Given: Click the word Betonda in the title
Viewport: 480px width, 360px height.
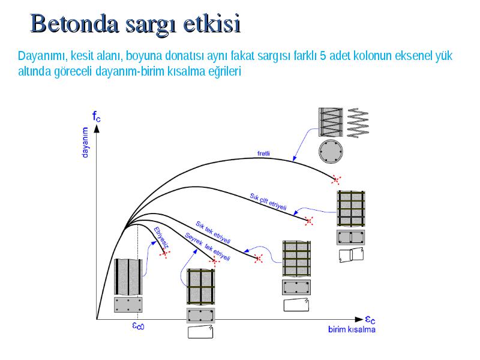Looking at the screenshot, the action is coord(74,24).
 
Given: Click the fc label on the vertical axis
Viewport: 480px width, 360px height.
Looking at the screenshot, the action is coord(96,116).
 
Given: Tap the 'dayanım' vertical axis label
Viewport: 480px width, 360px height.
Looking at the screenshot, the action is coord(85,143).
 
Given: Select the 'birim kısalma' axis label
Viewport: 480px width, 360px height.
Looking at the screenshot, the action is coord(352,329).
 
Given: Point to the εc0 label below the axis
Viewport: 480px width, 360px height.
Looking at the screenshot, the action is coord(138,326).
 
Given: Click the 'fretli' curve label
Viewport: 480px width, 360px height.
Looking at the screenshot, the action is coord(263,154).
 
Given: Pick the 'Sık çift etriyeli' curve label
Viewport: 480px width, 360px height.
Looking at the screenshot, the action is coord(268,202).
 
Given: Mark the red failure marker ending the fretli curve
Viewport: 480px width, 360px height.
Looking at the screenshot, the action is coord(336,180).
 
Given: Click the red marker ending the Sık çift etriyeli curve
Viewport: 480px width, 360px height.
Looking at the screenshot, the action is coord(309,221).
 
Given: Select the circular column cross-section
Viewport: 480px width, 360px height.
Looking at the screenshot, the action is coord(331,152).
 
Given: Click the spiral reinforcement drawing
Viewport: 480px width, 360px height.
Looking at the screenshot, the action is coord(358,123).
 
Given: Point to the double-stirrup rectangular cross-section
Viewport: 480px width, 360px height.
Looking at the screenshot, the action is coord(351,237).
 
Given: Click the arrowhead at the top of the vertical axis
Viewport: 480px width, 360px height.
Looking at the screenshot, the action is coord(97,128).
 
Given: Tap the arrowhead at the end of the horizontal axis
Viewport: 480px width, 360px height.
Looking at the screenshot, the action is coord(359,319).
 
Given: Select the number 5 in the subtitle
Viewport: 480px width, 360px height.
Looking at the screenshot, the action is coord(323,56).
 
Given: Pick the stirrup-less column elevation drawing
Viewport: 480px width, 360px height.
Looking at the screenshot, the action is coord(128,277).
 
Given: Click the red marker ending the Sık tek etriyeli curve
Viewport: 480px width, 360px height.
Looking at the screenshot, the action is coord(259,259).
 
